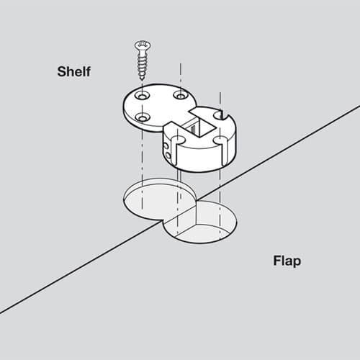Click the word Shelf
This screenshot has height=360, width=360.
point(74,71)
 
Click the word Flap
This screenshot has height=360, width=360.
point(287,261)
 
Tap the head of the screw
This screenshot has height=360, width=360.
point(143,45)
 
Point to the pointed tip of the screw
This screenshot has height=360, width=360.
point(142,78)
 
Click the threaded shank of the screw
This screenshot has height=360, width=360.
point(143,63)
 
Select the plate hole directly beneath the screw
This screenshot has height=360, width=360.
point(143,95)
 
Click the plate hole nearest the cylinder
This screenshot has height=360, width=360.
point(181,95)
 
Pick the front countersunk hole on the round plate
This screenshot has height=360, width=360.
point(143,117)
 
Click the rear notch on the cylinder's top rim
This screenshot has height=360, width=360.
point(222,115)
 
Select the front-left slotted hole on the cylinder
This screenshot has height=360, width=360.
point(178,140)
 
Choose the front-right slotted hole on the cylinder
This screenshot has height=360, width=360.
point(220,140)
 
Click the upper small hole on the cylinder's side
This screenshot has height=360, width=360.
point(166,145)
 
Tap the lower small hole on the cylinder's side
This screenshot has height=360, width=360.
point(168,156)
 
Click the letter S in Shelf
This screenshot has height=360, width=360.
point(62,71)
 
